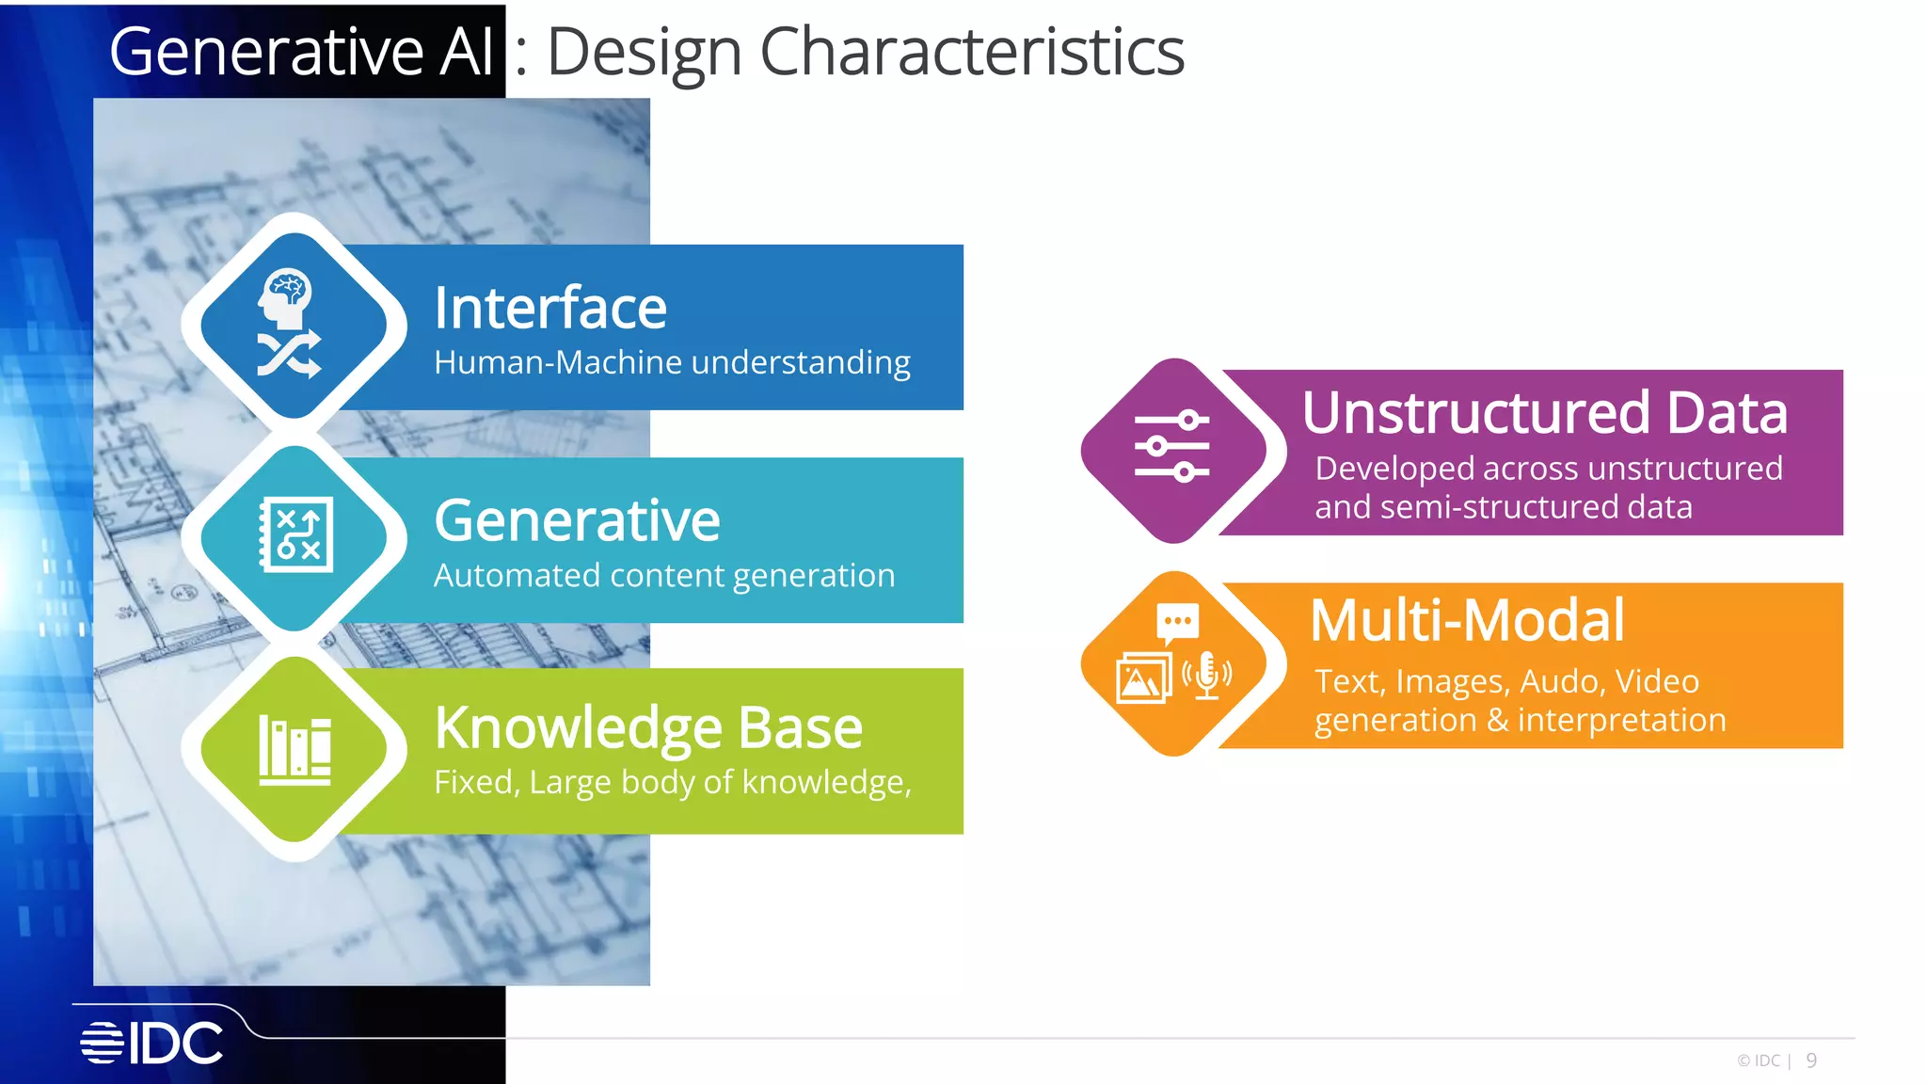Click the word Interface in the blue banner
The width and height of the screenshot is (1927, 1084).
pos(550,309)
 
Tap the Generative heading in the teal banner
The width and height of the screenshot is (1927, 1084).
pos(577,520)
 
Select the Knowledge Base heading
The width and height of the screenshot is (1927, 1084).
pos(648,728)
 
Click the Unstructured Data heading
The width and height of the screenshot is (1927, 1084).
pos(1544,413)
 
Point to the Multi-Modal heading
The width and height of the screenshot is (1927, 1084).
pos(1467,621)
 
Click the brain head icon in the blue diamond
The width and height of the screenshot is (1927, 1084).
pos(286,297)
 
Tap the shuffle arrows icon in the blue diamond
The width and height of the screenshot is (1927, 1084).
pos(289,355)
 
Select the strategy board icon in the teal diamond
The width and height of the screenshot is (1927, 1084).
pos(296,534)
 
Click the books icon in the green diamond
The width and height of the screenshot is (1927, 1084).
pos(295,750)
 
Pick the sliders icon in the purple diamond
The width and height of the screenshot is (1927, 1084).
pos(1172,446)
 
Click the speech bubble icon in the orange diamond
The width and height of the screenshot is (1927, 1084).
pos(1177,622)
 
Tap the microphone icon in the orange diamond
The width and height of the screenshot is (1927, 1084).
pos(1207,677)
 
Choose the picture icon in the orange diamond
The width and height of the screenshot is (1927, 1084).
pos(1142,678)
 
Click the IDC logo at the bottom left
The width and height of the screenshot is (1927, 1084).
pos(152,1043)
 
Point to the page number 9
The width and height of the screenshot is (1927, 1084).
pos(1811,1060)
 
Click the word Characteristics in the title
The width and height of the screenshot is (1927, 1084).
pos(972,52)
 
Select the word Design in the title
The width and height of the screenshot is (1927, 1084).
pos(645,52)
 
